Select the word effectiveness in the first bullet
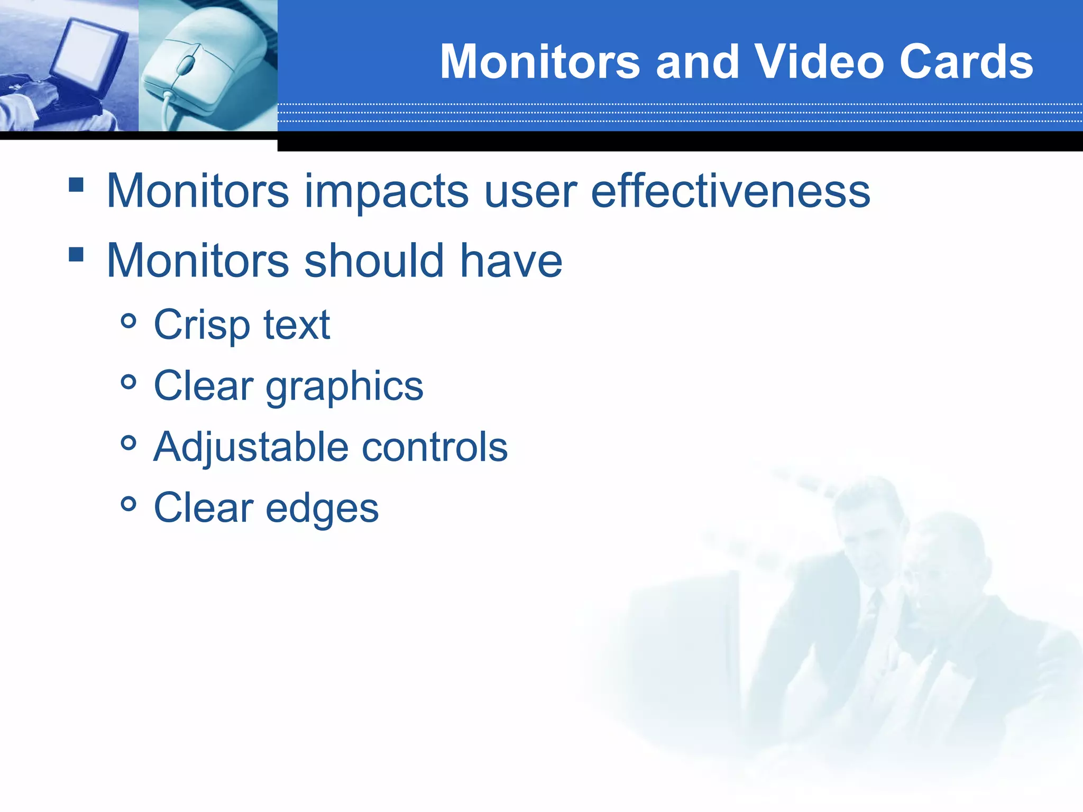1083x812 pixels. (730, 191)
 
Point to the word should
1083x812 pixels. (374, 260)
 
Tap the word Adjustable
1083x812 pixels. (251, 448)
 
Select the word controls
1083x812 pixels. (435, 447)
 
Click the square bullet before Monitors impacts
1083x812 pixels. (76, 184)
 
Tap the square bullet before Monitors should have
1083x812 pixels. (76, 254)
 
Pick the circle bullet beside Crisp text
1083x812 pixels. (129, 320)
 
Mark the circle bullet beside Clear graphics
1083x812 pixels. (129, 382)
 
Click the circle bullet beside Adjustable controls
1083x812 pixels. (129, 442)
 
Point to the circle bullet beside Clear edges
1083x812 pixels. (129, 504)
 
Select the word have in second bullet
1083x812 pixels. (511, 260)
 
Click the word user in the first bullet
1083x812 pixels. (530, 191)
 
